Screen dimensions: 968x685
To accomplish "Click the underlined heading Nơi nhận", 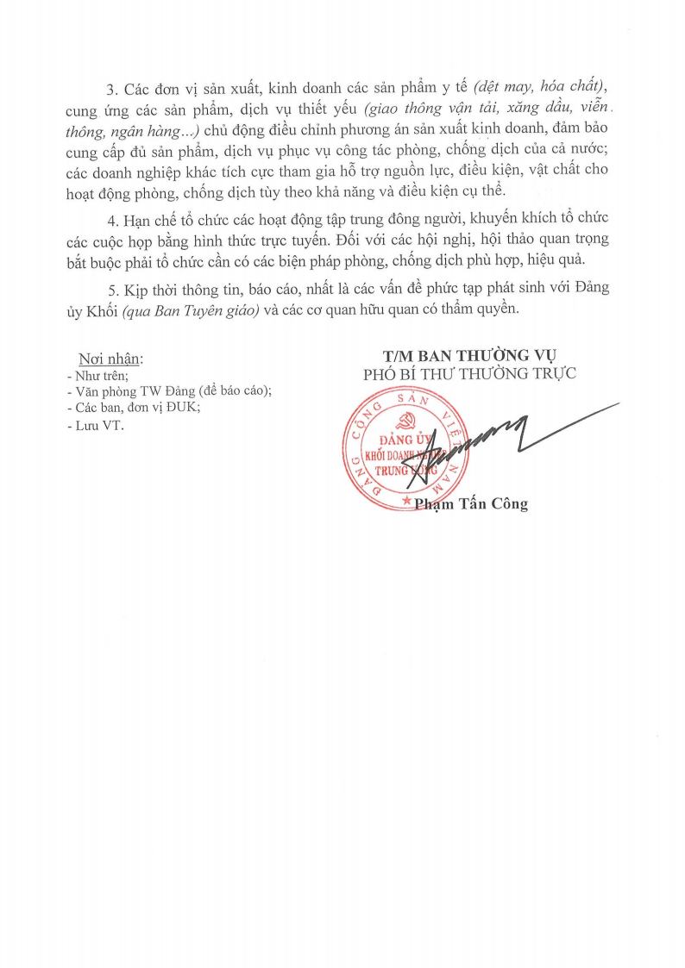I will [x=111, y=359].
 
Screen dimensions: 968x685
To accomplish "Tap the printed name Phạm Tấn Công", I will [x=471, y=505].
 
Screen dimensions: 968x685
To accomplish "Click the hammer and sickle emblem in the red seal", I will [x=404, y=420].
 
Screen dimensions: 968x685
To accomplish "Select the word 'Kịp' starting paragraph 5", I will [x=135, y=289].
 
